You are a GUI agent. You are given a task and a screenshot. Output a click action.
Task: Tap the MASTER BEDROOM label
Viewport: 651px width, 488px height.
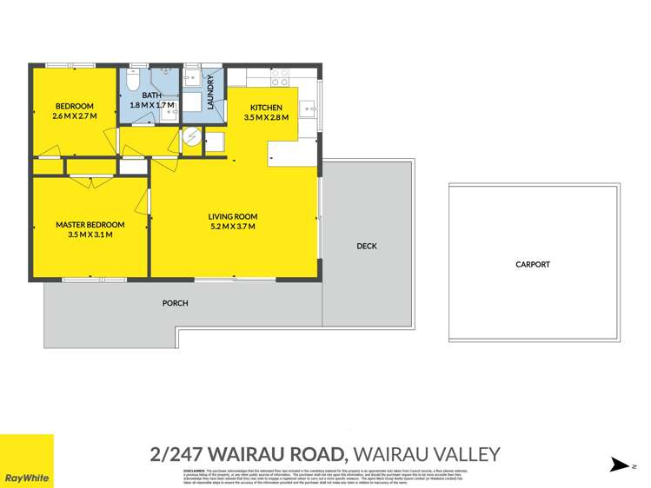point(90,224)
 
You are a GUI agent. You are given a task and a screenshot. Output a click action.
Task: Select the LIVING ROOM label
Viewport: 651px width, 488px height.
point(232,216)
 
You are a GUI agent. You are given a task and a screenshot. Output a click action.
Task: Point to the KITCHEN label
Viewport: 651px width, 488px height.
point(262,107)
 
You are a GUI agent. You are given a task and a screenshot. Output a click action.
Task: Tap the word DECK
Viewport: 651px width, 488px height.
point(366,247)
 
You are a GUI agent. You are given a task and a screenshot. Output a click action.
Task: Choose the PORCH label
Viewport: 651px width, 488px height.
point(175,303)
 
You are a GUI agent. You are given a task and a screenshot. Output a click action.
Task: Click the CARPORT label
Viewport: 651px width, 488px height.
point(532,264)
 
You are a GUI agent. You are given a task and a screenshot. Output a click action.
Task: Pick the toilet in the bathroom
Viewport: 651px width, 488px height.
point(130,82)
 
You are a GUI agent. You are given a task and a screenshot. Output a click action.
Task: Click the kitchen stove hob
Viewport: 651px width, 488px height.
point(279,78)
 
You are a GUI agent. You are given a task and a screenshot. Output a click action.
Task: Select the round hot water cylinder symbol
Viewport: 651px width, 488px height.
point(192,137)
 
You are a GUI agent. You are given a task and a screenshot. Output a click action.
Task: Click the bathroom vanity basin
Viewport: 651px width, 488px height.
point(169,111)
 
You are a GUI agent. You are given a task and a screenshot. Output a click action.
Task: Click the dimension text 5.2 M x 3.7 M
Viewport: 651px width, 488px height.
point(232,227)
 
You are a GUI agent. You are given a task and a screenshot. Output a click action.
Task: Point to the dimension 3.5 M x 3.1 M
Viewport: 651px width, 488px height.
point(90,234)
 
